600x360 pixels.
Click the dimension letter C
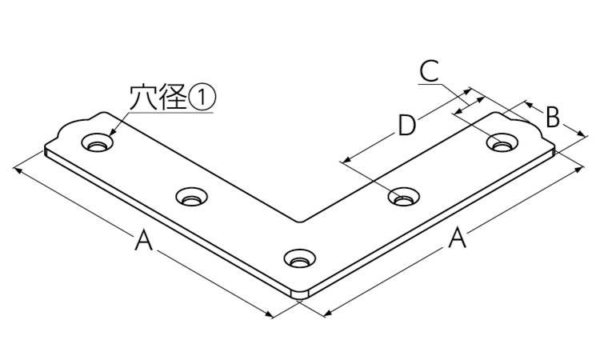429,70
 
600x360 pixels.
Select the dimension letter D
406,126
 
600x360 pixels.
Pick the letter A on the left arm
143,240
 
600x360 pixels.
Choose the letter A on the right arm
457,237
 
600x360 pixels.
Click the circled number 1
202,97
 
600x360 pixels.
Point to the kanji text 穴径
158,97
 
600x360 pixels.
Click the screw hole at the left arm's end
97,142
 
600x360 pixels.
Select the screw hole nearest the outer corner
300,258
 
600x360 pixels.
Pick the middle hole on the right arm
404,197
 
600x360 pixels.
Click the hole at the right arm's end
503,142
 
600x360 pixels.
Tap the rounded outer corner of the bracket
300,294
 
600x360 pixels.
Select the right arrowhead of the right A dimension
580,169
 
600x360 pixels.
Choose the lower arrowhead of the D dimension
345,160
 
